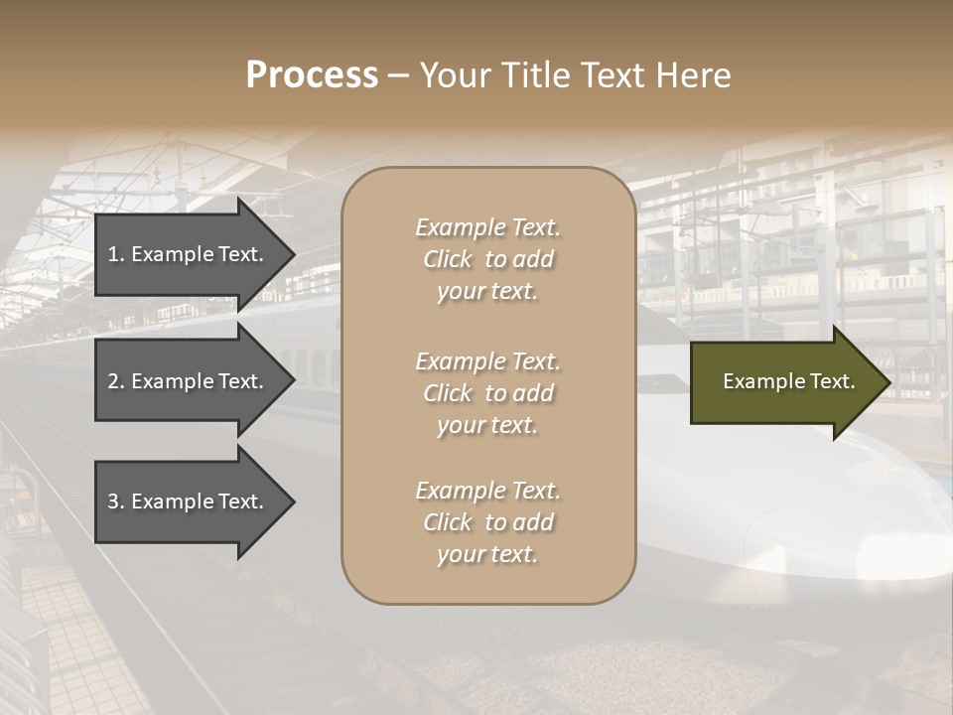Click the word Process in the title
pos(312,75)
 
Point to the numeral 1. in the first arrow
pos(116,254)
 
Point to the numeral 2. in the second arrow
pos(116,381)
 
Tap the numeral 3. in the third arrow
pos(116,501)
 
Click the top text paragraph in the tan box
pos(487,259)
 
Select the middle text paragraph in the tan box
pos(487,393)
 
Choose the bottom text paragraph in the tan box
pos(487,522)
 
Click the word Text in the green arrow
pos(832,381)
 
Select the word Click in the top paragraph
pos(448,259)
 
